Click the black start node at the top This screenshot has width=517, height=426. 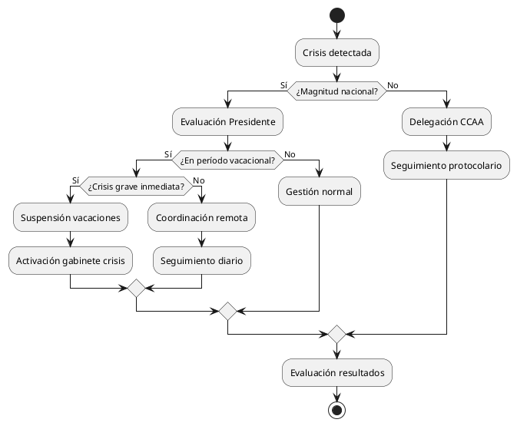[x=336, y=15]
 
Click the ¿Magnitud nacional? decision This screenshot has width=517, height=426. [x=336, y=91]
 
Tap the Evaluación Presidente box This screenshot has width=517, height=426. [x=227, y=121]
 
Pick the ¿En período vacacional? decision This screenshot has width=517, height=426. [x=227, y=160]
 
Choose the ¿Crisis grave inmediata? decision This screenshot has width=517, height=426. [x=136, y=185]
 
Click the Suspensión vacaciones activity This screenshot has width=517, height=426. [x=71, y=218]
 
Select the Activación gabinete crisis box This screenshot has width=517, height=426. [x=71, y=260]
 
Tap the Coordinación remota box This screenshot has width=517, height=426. [x=201, y=218]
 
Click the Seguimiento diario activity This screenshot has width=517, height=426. [x=201, y=260]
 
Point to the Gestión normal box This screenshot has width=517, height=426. [x=319, y=191]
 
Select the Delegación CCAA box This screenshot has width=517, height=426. [x=446, y=121]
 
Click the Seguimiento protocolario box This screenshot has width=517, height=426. [x=446, y=165]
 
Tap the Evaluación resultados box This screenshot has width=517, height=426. [x=336, y=372]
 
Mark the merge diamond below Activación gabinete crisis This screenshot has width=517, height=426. [x=136, y=289]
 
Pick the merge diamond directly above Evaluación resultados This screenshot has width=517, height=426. [x=336, y=334]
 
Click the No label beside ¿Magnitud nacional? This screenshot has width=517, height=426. [x=393, y=84]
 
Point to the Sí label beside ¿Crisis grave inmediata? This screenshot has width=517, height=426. [x=75, y=179]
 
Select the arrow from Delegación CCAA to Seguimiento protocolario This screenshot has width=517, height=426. [x=446, y=142]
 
